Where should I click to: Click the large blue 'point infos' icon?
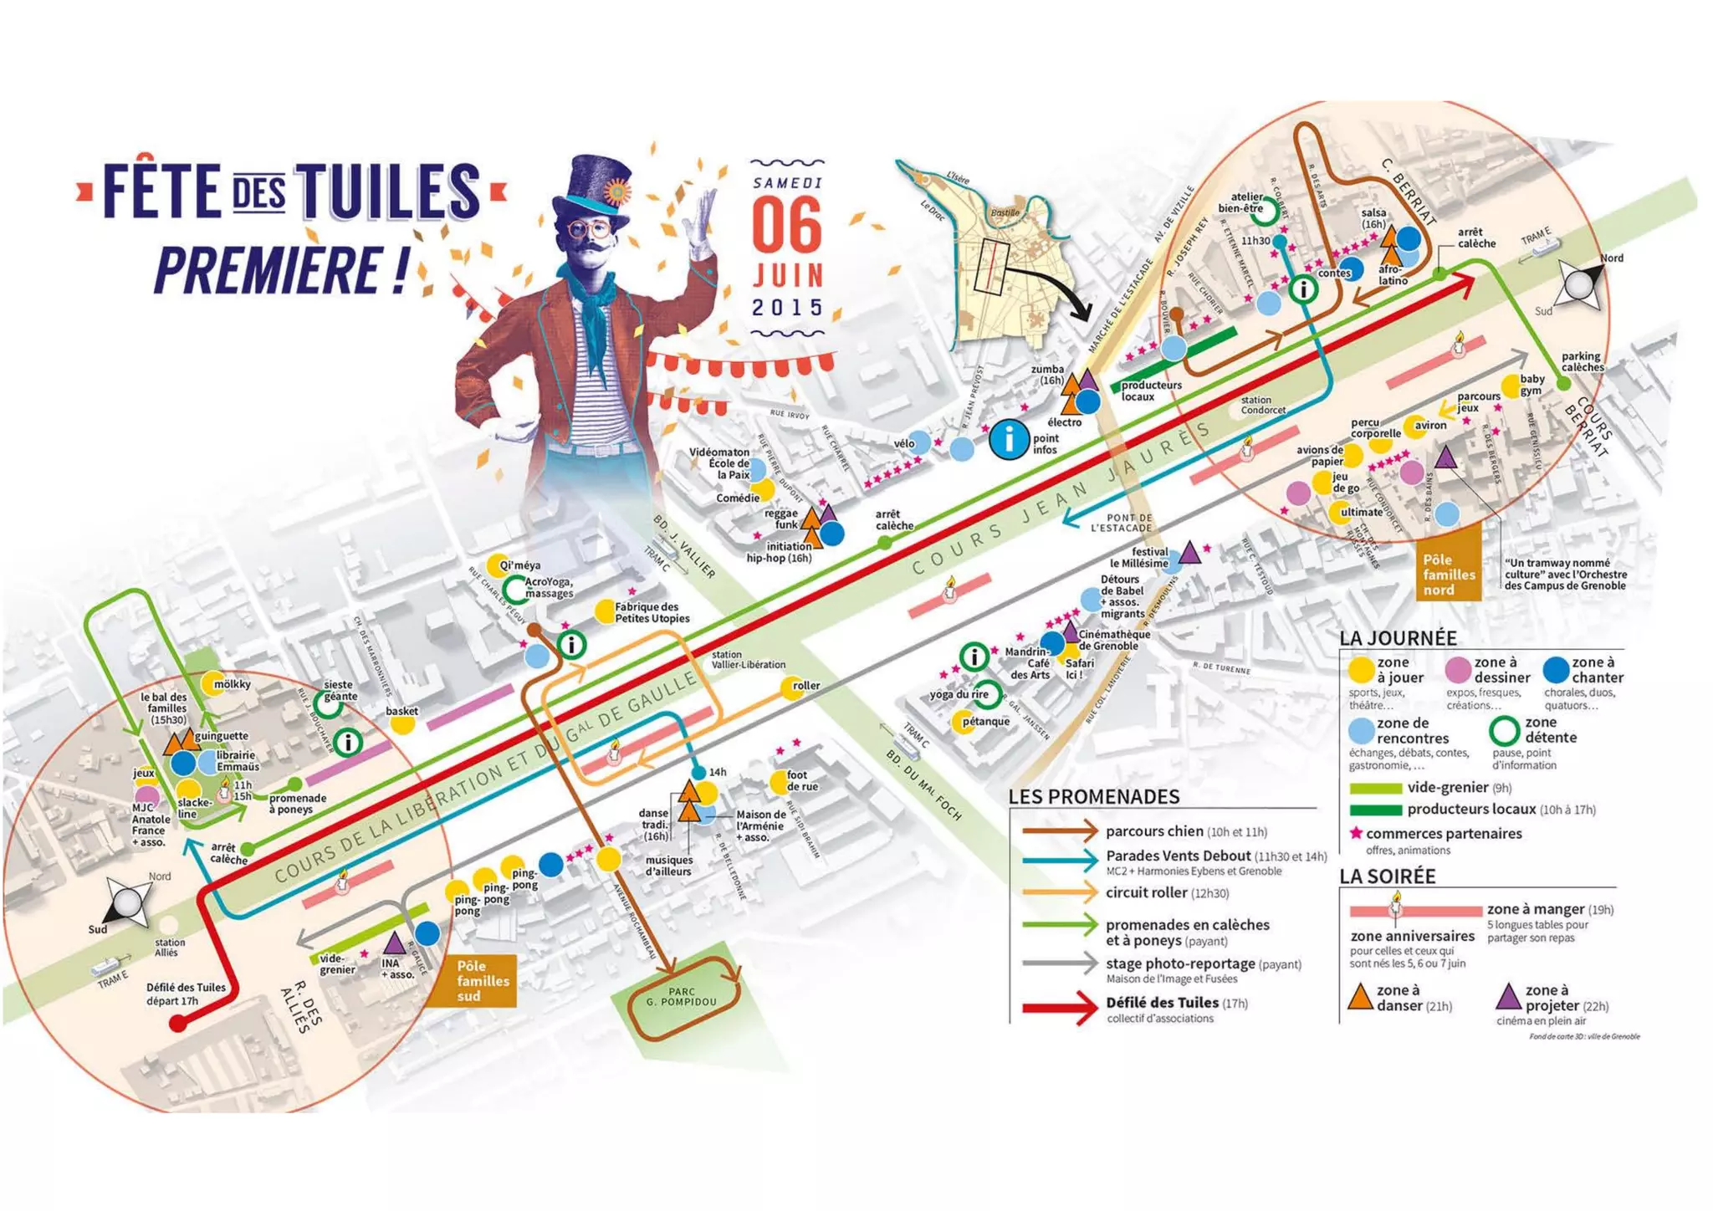point(1010,439)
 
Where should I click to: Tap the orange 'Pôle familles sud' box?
point(478,980)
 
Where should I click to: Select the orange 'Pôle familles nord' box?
point(1449,575)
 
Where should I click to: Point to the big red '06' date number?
point(786,227)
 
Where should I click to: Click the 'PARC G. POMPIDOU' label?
point(682,997)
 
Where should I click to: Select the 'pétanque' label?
point(986,721)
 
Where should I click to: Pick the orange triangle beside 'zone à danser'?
point(1361,997)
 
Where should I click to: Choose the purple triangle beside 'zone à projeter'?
point(1507,997)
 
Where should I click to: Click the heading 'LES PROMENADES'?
point(1093,796)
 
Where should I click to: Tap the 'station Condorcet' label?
point(1262,405)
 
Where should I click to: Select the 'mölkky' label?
point(232,684)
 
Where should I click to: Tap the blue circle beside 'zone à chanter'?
point(1556,670)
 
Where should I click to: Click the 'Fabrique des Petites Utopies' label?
point(652,612)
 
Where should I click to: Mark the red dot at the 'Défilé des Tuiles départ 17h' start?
point(178,1023)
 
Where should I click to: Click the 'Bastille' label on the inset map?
point(1005,212)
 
